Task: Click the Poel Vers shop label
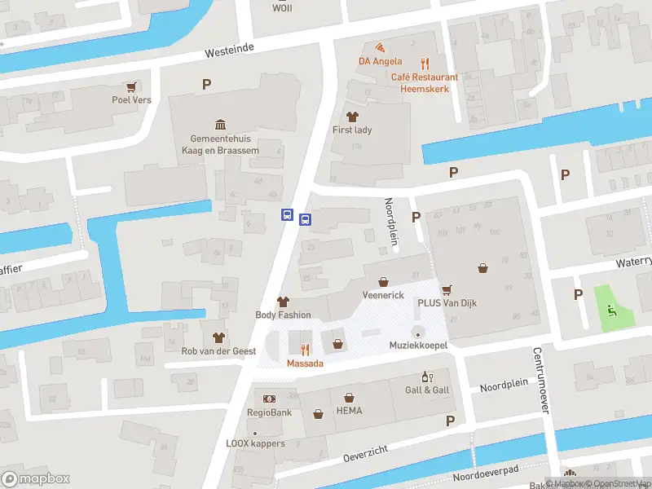click(x=131, y=100)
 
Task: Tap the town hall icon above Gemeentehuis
click(x=220, y=124)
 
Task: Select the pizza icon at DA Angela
click(x=379, y=46)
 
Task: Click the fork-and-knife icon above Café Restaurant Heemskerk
click(x=424, y=63)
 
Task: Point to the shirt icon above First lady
click(x=352, y=117)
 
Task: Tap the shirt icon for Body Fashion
click(x=283, y=302)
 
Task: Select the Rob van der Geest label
click(x=218, y=351)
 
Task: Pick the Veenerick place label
click(x=383, y=295)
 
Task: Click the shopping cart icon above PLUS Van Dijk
click(x=447, y=289)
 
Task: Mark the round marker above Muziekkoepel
click(x=418, y=332)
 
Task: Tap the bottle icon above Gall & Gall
click(x=425, y=377)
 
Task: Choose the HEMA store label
click(x=349, y=411)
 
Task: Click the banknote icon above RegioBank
click(x=270, y=399)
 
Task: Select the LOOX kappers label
click(x=255, y=443)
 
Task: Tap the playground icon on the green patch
click(x=611, y=308)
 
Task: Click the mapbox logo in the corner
click(x=36, y=478)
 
